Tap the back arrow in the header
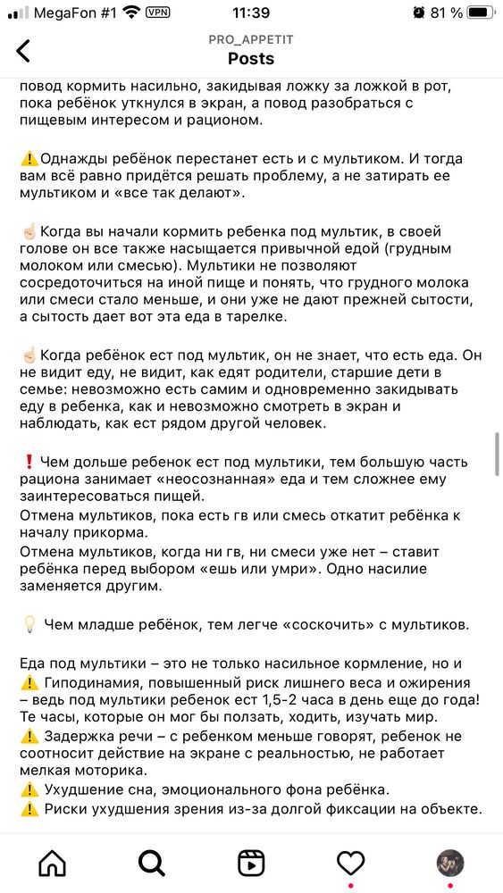pyautogui.click(x=23, y=51)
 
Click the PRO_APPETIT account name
pyautogui.click(x=251, y=41)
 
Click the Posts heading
pyautogui.click(x=251, y=59)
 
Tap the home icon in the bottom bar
pyautogui.click(x=52, y=863)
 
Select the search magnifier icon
pyautogui.click(x=152, y=863)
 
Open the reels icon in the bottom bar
pyautogui.click(x=251, y=863)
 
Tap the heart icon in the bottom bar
pyautogui.click(x=350, y=863)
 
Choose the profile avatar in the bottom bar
pyautogui.click(x=449, y=863)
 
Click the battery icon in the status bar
pyautogui.click(x=481, y=13)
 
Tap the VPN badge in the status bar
pyautogui.click(x=158, y=13)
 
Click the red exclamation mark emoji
pyautogui.click(x=29, y=462)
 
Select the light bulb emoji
pyautogui.click(x=29, y=623)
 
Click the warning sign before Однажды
pyautogui.click(x=29, y=158)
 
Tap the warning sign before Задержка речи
pyautogui.click(x=29, y=737)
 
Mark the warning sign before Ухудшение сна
pyautogui.click(x=29, y=790)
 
